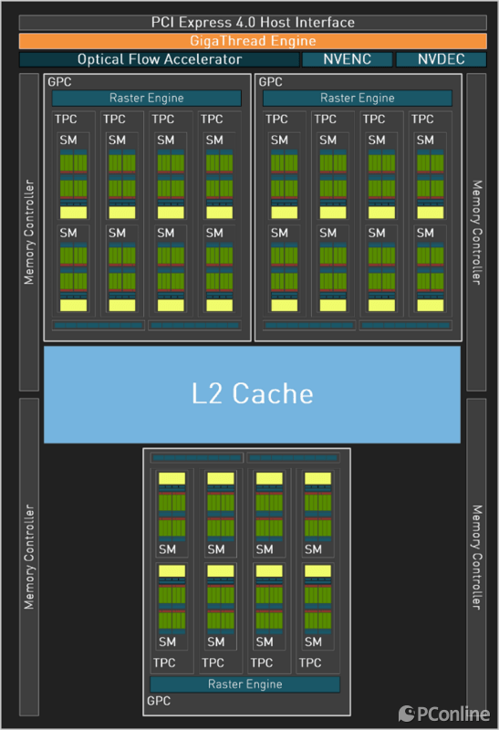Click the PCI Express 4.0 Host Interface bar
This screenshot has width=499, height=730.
[253, 22]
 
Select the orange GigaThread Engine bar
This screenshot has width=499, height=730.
[253, 41]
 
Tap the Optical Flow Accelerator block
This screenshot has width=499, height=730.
[160, 59]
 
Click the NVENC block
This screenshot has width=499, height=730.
[348, 59]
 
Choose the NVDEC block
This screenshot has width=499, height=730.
[442, 59]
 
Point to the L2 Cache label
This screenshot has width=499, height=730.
[253, 394]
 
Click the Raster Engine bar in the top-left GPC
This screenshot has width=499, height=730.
[147, 98]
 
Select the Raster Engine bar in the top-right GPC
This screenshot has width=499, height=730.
[358, 98]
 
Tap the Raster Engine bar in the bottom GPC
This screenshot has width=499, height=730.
[244, 683]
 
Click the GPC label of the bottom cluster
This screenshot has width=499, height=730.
[159, 701]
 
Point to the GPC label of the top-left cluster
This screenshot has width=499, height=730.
[59, 82]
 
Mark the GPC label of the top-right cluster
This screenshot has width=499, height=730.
[270, 82]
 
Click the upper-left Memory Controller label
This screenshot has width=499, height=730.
[29, 232]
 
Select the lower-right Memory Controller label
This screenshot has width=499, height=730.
[477, 558]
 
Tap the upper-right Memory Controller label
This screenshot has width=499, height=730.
[477, 233]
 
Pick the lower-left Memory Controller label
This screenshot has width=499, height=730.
[29, 557]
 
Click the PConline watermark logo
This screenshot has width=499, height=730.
[444, 714]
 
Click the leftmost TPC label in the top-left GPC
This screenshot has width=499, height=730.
[66, 120]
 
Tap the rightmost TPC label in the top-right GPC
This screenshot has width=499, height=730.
[422, 120]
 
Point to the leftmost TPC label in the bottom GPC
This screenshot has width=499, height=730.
[164, 662]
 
